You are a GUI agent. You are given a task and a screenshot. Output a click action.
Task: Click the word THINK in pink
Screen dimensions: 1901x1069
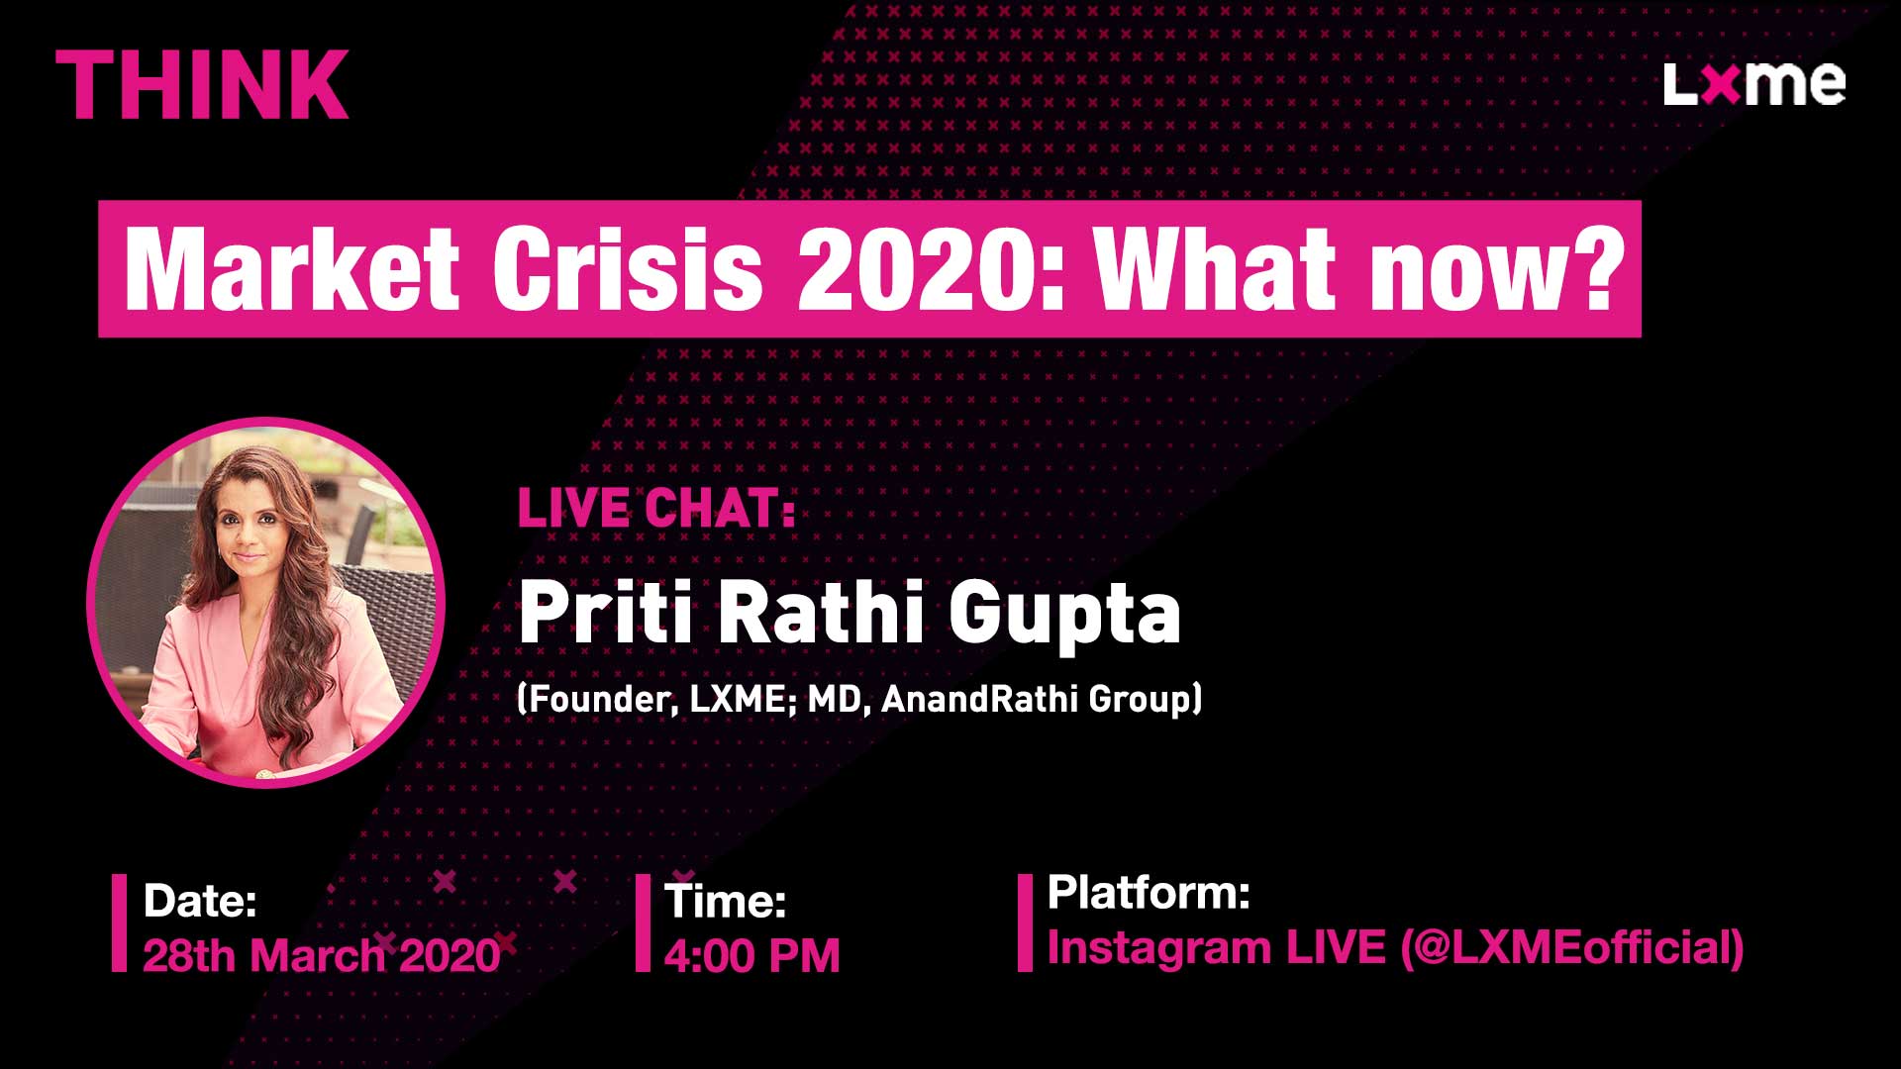click(x=202, y=85)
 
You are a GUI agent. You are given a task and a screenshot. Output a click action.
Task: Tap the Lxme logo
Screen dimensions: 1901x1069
click(x=1754, y=84)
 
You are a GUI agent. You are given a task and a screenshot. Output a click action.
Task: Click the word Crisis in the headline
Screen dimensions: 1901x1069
click(x=628, y=268)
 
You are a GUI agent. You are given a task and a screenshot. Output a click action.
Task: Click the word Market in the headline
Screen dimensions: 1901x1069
click(x=292, y=268)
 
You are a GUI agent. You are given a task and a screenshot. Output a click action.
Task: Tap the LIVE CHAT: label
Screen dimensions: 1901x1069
click(x=656, y=509)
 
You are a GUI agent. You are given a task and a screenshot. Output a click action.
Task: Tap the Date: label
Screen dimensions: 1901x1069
click(x=200, y=901)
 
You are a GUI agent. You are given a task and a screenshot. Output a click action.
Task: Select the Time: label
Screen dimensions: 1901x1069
click(x=726, y=901)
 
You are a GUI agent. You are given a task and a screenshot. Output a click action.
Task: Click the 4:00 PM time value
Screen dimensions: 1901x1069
click(x=752, y=955)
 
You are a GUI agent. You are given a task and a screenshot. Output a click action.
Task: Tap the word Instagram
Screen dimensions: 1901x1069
click(x=1159, y=948)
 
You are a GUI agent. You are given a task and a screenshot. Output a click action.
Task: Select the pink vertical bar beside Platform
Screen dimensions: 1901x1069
click(x=1025, y=923)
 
